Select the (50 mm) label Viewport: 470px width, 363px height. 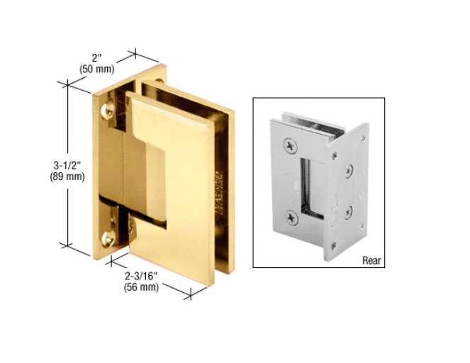(96, 69)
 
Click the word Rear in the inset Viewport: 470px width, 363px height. (371, 260)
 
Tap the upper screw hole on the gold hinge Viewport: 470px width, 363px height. (107, 110)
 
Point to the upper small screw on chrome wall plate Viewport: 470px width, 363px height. (349, 170)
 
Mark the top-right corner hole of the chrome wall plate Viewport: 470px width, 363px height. (363, 139)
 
